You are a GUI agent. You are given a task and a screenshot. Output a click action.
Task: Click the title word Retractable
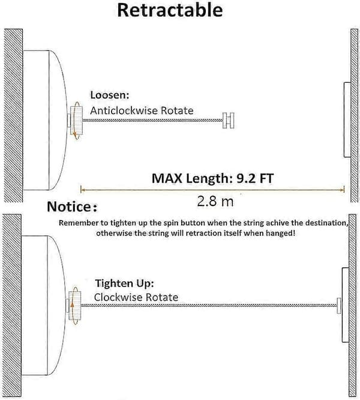[x=170, y=10]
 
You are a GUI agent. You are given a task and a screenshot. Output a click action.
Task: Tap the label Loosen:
[x=110, y=95]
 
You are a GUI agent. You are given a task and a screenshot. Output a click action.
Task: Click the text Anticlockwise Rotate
[x=142, y=111]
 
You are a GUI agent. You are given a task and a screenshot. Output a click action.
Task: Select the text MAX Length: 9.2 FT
[x=212, y=178]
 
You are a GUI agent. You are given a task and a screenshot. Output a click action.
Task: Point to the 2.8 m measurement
[x=215, y=201]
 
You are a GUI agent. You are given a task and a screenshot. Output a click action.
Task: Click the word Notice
[x=69, y=207]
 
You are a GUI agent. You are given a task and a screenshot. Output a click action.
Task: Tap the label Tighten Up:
[x=125, y=283]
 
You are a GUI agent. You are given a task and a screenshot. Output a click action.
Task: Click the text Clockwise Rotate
[x=136, y=297]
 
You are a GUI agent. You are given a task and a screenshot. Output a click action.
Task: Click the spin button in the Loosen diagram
[x=76, y=120]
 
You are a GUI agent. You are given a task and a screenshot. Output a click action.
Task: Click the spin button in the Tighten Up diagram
[x=75, y=306]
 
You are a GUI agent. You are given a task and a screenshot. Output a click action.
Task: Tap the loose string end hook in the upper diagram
[x=228, y=120]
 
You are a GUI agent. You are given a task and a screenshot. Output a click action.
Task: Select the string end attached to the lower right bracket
[x=339, y=305]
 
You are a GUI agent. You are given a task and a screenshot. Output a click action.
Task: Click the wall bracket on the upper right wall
[x=347, y=120]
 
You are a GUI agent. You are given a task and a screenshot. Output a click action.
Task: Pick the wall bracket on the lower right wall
[x=345, y=305]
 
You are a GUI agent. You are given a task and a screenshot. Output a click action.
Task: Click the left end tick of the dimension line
[x=81, y=189]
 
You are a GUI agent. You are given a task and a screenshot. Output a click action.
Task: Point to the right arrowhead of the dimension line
[x=343, y=189]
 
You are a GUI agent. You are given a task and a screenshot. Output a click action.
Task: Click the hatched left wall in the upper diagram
[x=13, y=115]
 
